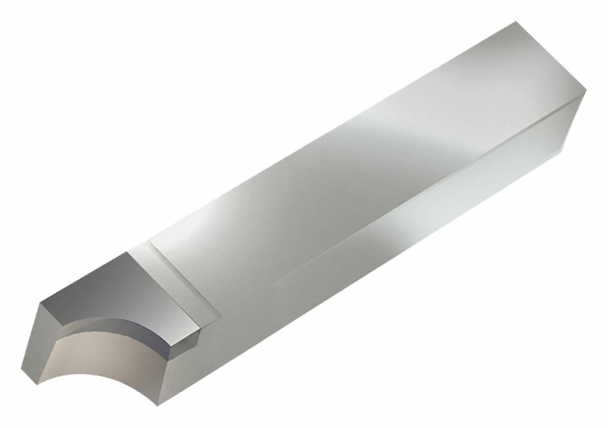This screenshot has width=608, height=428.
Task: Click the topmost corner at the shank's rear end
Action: point(516,22)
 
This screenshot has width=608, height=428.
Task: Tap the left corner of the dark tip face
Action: point(40,303)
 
